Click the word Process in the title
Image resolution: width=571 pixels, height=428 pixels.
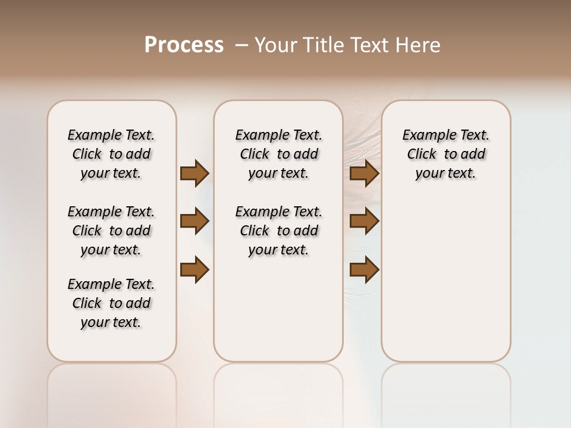click(x=184, y=45)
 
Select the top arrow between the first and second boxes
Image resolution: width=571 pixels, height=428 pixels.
click(x=194, y=173)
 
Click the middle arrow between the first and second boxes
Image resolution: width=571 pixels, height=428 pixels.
click(x=194, y=221)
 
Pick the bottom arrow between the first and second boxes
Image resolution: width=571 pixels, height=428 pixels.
click(x=194, y=269)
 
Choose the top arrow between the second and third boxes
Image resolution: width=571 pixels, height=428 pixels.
click(x=364, y=173)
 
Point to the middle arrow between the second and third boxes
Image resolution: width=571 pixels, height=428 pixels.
click(x=364, y=221)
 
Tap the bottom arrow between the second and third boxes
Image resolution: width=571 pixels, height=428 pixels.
click(x=364, y=269)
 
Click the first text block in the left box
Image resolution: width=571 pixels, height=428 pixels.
click(x=111, y=154)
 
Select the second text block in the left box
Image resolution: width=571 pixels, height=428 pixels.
click(x=111, y=231)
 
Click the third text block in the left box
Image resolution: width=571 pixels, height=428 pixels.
click(x=111, y=303)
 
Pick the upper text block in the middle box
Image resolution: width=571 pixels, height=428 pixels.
click(x=278, y=154)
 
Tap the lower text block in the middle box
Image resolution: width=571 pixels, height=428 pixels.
click(x=278, y=231)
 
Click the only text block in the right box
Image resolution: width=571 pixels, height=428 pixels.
click(x=445, y=154)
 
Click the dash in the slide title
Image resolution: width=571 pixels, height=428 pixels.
click(x=241, y=45)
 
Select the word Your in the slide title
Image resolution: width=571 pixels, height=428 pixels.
click(x=275, y=45)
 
